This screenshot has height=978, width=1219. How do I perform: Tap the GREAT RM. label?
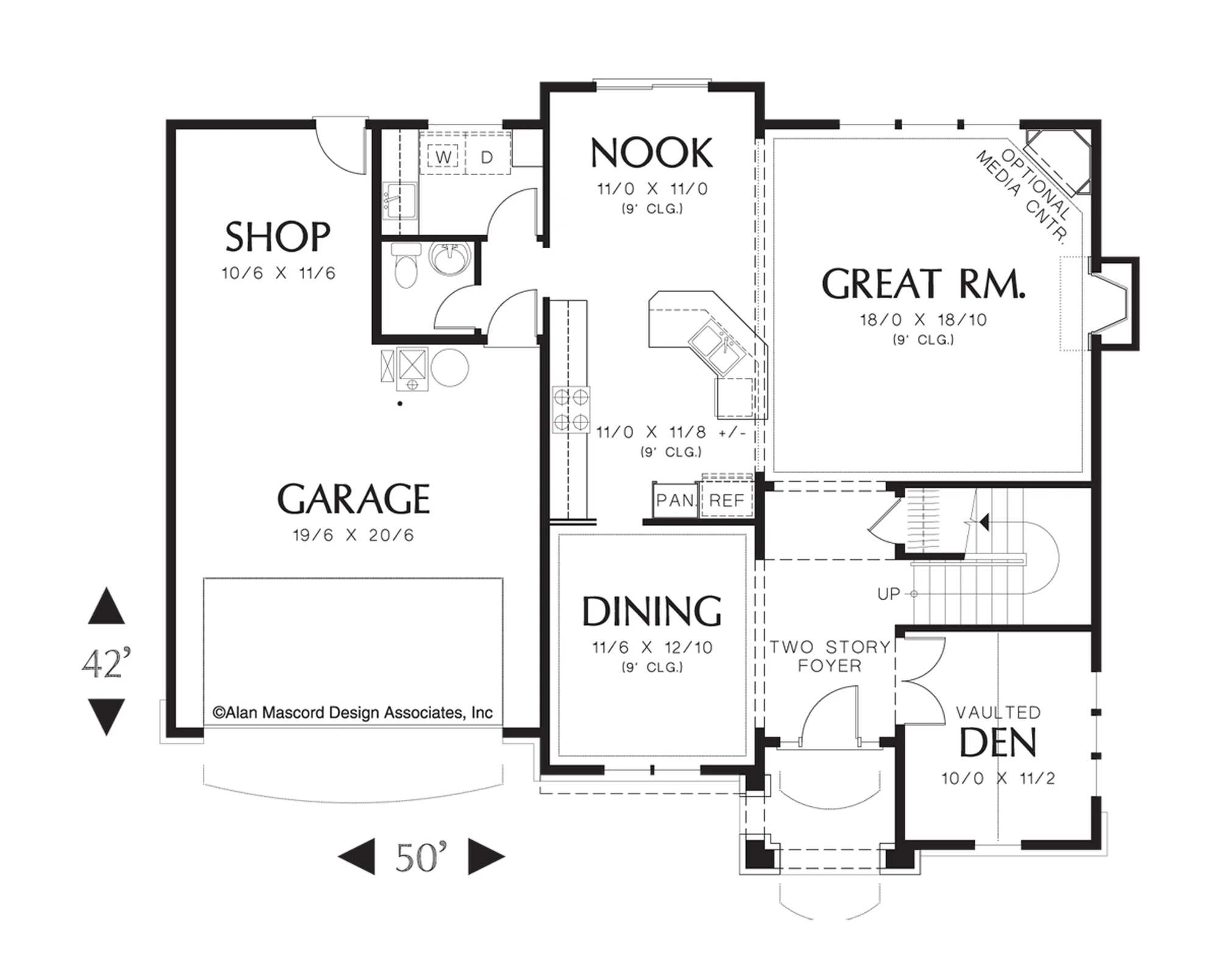[x=923, y=284]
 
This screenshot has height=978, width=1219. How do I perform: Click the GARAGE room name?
[x=354, y=499]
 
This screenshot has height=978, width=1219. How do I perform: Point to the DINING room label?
[x=652, y=611]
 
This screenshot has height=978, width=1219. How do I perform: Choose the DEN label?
[x=998, y=743]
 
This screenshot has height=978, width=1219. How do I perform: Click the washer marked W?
[x=443, y=157]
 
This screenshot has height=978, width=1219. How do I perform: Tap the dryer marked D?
[x=487, y=157]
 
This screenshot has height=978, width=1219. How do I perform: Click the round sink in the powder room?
[x=450, y=259]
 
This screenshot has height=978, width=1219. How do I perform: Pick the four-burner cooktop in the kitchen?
[x=571, y=410]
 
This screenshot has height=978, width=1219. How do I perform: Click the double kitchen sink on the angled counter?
[x=714, y=348]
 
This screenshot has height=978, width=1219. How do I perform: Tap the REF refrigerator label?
[x=727, y=501]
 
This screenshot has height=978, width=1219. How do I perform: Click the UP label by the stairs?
[x=888, y=593]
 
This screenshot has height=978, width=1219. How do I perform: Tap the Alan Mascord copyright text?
[x=352, y=712]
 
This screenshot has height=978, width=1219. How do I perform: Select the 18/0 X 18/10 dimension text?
[x=923, y=319]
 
